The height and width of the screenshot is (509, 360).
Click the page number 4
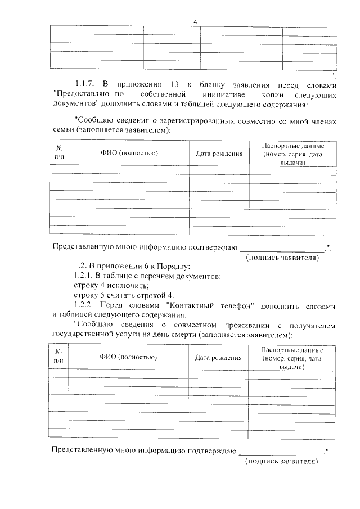click(x=195, y=21)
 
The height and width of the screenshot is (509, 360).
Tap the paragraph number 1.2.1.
click(x=85, y=276)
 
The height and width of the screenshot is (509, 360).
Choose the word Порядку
click(x=175, y=265)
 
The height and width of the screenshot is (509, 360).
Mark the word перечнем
click(x=159, y=276)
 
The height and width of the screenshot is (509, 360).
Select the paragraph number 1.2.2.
click(x=85, y=305)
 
